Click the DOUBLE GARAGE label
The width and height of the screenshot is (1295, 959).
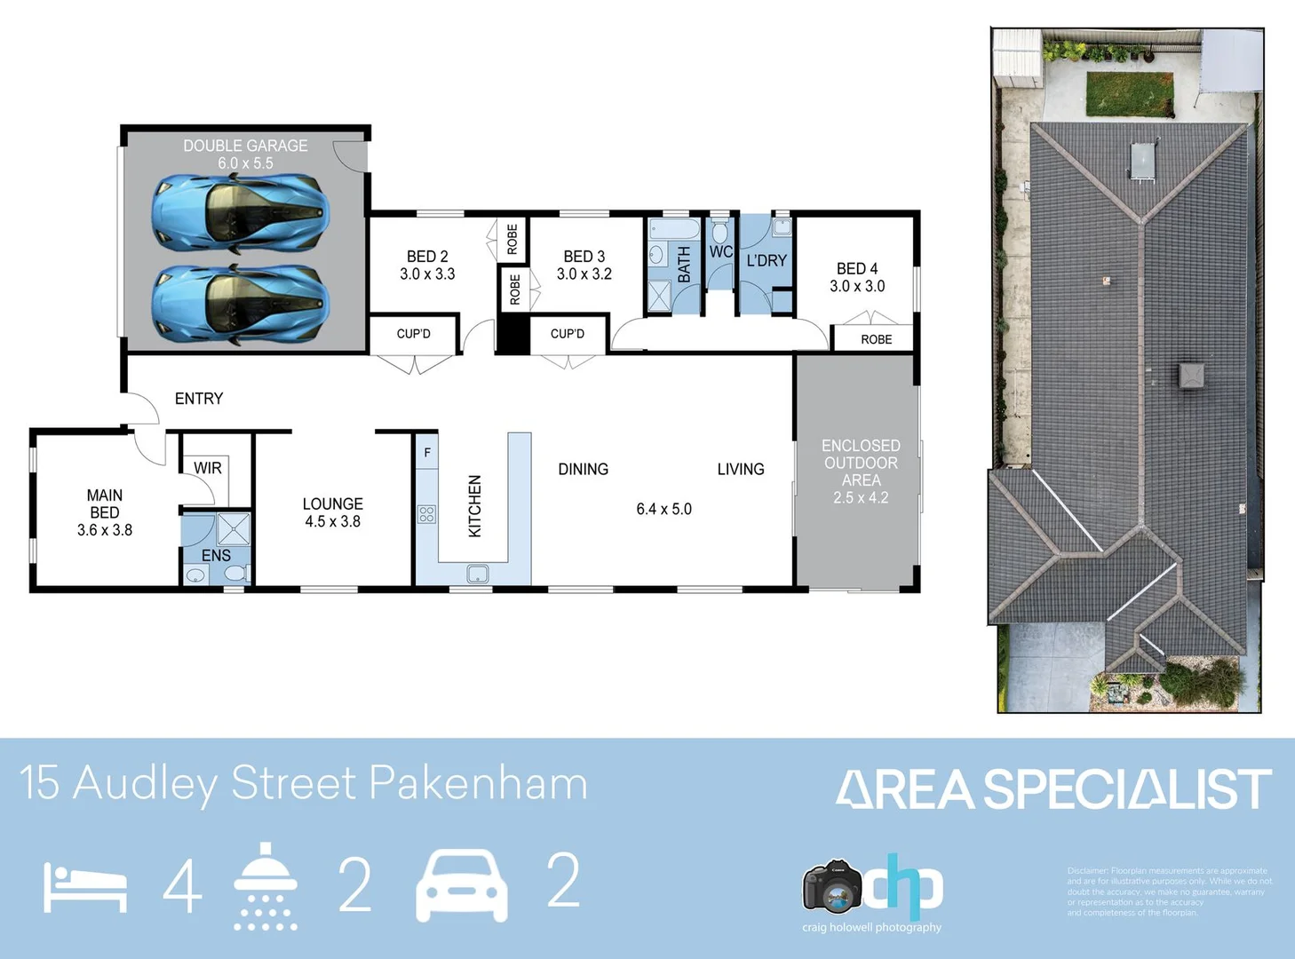click(245, 146)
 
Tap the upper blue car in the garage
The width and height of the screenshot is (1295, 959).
click(240, 212)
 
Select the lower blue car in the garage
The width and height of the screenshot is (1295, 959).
click(240, 303)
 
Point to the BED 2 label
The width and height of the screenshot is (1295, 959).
click(427, 257)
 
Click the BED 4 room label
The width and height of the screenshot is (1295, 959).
click(857, 268)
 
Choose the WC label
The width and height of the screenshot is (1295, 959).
click(720, 252)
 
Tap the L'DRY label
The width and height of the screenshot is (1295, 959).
click(767, 260)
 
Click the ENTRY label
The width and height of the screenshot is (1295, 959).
click(199, 399)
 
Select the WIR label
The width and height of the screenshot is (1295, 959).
click(208, 468)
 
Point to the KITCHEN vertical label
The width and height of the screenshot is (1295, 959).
click(475, 505)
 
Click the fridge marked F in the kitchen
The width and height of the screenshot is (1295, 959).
click(427, 453)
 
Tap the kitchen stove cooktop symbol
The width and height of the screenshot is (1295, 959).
click(427, 514)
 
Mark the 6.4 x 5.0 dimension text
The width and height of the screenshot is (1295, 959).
click(663, 509)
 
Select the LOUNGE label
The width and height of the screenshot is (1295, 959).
click(332, 503)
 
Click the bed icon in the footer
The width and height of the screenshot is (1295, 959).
click(85, 887)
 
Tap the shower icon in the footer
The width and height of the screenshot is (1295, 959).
click(266, 885)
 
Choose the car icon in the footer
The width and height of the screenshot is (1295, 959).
click(462, 884)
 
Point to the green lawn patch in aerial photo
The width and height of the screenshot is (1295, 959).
click(1130, 94)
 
